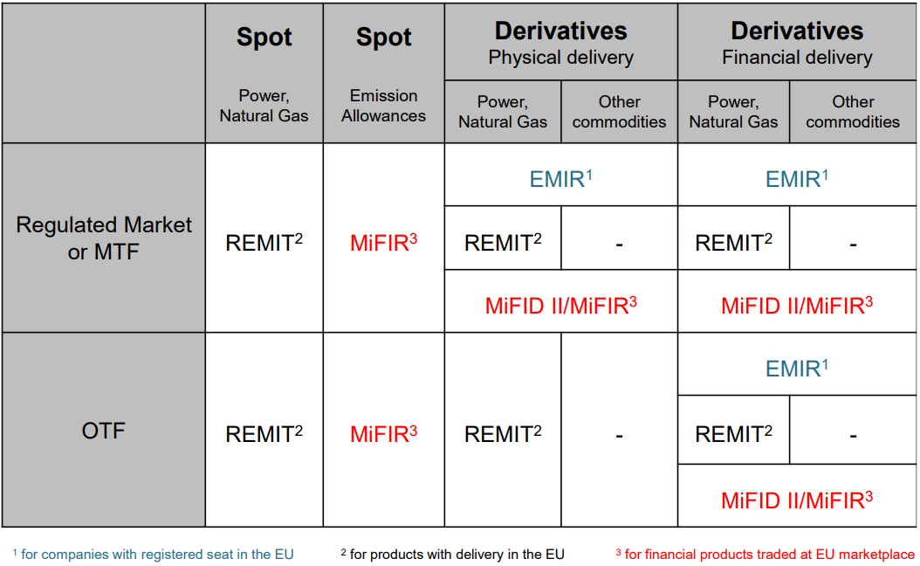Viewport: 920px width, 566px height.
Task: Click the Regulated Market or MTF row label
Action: click(x=104, y=238)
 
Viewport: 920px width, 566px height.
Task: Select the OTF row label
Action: click(x=103, y=431)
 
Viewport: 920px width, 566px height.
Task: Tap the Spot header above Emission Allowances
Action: click(x=384, y=37)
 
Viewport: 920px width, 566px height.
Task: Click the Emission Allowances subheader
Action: click(x=384, y=106)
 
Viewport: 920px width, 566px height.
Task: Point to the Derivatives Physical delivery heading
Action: click(x=561, y=43)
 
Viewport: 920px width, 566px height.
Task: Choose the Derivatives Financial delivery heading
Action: click(x=797, y=43)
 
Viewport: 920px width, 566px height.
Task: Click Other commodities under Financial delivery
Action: click(x=853, y=112)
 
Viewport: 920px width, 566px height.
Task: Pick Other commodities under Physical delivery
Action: click(x=619, y=112)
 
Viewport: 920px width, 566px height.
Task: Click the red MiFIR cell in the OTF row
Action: click(x=384, y=434)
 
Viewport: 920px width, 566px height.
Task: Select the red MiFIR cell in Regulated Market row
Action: click(x=384, y=242)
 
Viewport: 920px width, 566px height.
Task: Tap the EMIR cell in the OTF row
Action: click(x=797, y=368)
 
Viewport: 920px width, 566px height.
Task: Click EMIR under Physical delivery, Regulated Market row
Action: click(x=561, y=178)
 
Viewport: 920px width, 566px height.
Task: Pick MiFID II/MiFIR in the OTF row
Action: click(x=797, y=500)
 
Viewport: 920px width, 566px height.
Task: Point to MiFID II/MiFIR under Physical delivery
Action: click(x=561, y=306)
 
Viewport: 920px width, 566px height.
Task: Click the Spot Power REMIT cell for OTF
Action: click(x=264, y=434)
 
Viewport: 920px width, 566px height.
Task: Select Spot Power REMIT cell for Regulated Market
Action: click(x=264, y=242)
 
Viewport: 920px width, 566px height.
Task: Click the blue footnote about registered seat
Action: click(x=153, y=555)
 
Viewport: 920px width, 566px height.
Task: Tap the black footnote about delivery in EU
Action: click(x=452, y=555)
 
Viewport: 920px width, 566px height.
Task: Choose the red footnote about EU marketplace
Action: click(x=766, y=555)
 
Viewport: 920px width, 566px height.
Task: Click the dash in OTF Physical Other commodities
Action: click(x=619, y=436)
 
